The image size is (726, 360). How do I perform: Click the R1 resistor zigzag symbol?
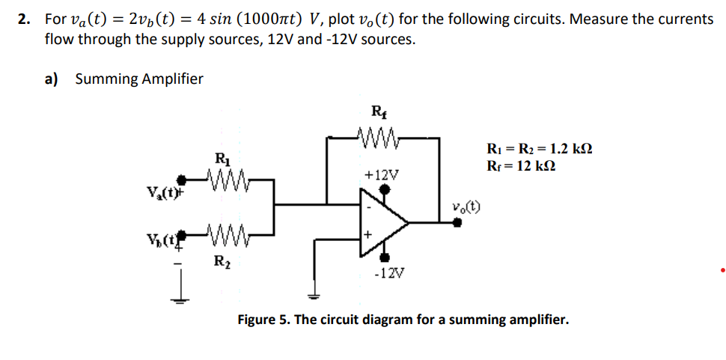223,179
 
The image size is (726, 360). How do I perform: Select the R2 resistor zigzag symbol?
223,238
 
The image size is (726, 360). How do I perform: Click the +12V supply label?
382,174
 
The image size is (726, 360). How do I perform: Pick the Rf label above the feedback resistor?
379,113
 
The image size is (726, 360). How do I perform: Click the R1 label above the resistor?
222,159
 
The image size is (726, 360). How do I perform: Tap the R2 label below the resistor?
222,261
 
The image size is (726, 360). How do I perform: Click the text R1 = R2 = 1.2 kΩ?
540,149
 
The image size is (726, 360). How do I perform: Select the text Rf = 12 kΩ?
521,165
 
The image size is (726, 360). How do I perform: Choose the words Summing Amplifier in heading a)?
139,79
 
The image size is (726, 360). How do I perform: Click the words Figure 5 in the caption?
263,320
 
